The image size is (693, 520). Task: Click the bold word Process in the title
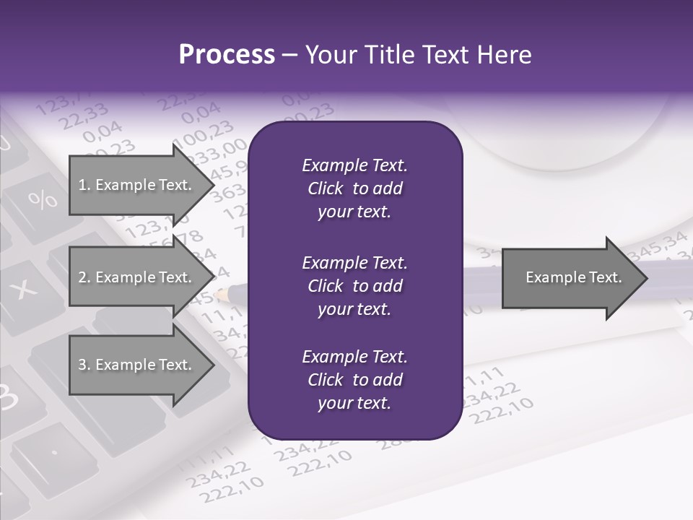tap(227, 55)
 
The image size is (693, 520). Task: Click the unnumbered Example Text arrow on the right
tap(574, 277)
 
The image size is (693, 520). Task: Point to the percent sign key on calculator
tap(42, 199)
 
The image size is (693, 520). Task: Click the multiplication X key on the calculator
tap(25, 289)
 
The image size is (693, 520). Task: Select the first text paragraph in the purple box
tap(354, 188)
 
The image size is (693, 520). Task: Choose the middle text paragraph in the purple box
tap(354, 285)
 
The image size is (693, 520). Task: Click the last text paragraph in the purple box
tap(354, 380)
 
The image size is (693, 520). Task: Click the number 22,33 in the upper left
tap(84, 116)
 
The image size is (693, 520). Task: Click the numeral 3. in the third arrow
tap(84, 365)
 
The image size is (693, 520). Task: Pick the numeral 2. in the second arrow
tap(84, 277)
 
